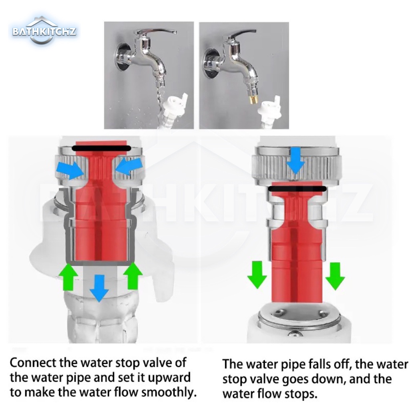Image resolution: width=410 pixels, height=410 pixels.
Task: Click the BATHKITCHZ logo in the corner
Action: click(x=44, y=31)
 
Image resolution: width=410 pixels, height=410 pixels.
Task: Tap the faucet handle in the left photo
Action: click(x=157, y=33)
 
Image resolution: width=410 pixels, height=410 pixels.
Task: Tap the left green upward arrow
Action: click(x=68, y=277)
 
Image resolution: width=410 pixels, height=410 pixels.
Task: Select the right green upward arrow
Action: click(x=133, y=276)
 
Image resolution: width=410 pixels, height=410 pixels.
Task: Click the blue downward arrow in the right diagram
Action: click(x=296, y=160)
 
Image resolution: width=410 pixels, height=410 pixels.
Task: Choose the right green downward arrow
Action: click(x=335, y=276)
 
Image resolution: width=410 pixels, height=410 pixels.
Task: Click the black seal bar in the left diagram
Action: click(x=101, y=149)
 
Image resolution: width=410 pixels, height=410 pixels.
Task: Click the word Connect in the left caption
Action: click(x=33, y=363)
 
